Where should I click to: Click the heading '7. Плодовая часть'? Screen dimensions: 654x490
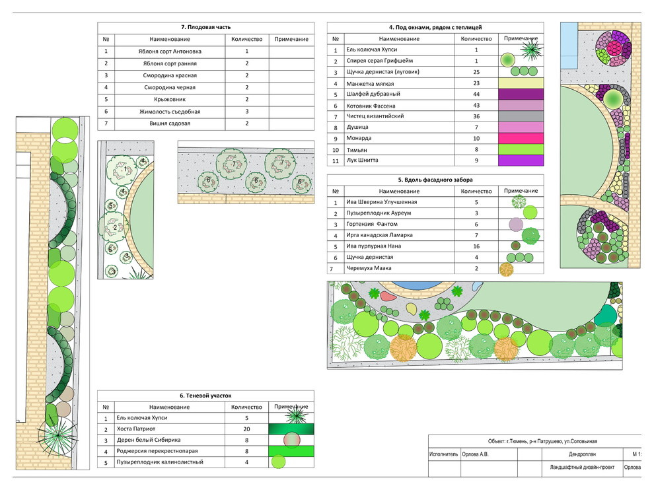coord(206,27)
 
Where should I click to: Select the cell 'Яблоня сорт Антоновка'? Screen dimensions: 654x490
coord(170,52)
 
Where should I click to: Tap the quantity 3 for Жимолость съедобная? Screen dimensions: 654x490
coord(247,112)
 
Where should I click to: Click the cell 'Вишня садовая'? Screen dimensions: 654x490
coord(170,123)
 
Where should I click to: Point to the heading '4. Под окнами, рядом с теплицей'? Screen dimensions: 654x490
coord(435,28)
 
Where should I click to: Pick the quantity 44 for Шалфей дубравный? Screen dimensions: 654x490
coord(476,94)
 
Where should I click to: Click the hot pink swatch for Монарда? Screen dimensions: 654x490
coord(521,138)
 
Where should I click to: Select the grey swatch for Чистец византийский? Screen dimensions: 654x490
coord(521,116)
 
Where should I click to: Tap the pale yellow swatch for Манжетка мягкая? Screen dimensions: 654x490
coord(521,83)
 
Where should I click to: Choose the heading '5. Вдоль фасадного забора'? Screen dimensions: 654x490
coord(435,180)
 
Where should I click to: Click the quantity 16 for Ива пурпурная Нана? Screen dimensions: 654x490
coord(476,246)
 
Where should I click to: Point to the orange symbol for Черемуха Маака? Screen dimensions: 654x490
coord(506,269)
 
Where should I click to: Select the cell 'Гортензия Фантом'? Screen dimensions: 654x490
coord(372,224)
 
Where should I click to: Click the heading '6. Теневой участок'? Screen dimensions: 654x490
coord(205,396)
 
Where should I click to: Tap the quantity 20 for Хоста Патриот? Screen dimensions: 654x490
coord(246,429)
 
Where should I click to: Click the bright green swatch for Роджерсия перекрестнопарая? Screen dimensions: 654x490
coord(291,451)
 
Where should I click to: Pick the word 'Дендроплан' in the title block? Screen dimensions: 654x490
coord(582,454)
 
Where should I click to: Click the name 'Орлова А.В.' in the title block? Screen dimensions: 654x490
coord(475,454)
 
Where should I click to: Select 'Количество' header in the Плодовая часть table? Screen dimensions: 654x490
coord(247,39)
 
